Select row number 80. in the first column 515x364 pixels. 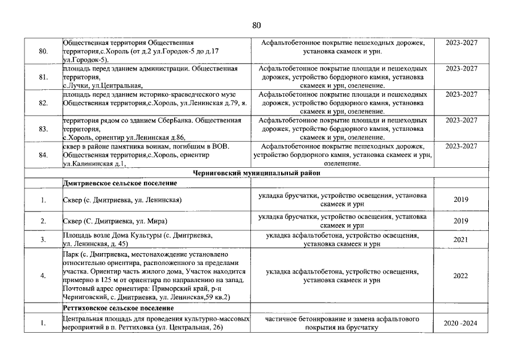(x=43, y=51)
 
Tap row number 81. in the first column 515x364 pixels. (x=43, y=77)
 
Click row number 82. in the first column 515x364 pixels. (x=43, y=103)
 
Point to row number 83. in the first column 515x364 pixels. (x=43, y=129)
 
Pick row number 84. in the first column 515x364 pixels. (x=43, y=155)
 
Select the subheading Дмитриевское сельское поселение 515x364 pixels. (x=120, y=183)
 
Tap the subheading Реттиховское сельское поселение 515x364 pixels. (x=120, y=308)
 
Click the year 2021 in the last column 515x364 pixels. (x=460, y=239)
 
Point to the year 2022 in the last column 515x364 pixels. (x=460, y=276)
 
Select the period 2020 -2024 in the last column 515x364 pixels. (x=460, y=324)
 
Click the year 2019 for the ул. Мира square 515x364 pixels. (x=460, y=221)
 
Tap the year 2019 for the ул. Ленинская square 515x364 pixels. (x=460, y=200)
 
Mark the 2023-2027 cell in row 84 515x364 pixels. (x=461, y=146)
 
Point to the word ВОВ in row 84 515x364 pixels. (x=220, y=146)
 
